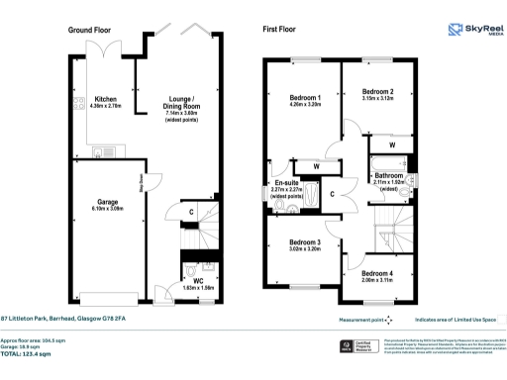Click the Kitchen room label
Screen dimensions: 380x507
click(x=105, y=100)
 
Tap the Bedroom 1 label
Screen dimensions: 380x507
click(x=304, y=98)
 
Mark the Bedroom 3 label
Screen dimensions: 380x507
click(x=304, y=242)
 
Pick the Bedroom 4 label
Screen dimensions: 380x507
click(x=377, y=273)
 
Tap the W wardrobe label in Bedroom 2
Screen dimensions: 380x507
click(x=393, y=145)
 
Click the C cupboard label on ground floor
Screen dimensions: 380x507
click(x=190, y=210)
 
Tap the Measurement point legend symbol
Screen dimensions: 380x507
click(x=388, y=320)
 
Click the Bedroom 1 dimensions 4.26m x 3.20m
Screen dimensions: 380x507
click(x=304, y=106)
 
